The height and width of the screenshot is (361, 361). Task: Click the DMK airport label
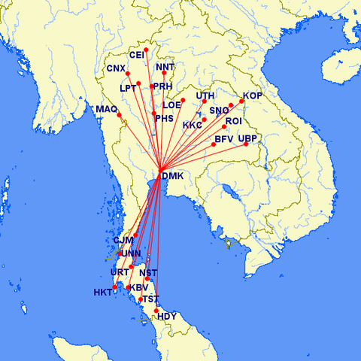pyautogui.click(x=173, y=176)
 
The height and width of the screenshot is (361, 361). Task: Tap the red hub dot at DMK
pyautogui.click(x=160, y=167)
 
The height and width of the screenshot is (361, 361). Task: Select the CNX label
pyautogui.click(x=115, y=68)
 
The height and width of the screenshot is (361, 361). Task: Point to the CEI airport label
pyautogui.click(x=137, y=55)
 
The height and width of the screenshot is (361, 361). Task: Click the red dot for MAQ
pyautogui.click(x=119, y=114)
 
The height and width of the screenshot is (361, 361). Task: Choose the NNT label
pyautogui.click(x=165, y=68)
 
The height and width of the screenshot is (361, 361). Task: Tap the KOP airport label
pyautogui.click(x=253, y=96)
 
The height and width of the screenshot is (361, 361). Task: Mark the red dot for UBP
pyautogui.click(x=246, y=144)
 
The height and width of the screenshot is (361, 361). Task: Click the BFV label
pyautogui.click(x=224, y=139)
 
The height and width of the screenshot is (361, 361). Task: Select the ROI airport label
pyautogui.click(x=233, y=121)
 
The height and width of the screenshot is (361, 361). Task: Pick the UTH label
pyautogui.click(x=205, y=96)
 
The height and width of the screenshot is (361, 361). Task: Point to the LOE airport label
pyautogui.click(x=172, y=105)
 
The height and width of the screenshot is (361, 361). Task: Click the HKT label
pyautogui.click(x=102, y=292)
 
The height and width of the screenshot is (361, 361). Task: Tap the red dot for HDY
pyautogui.click(x=156, y=311)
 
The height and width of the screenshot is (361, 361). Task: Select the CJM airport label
pyautogui.click(x=123, y=241)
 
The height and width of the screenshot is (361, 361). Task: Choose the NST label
pyautogui.click(x=149, y=272)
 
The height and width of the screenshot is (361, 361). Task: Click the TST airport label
pyautogui.click(x=150, y=299)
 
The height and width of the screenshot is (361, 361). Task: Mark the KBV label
pyautogui.click(x=138, y=288)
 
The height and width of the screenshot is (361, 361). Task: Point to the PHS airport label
pyautogui.click(x=164, y=118)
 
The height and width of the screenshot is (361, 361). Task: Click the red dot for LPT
pyautogui.click(x=139, y=83)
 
